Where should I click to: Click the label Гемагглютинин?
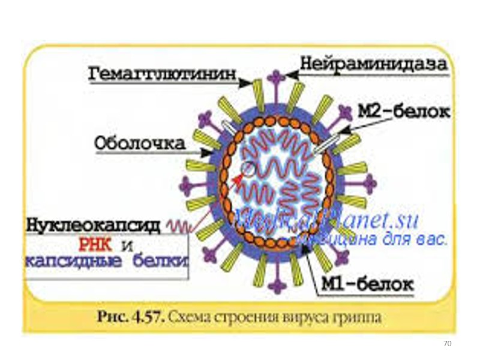coord(162,76)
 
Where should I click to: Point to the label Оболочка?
coord(140,144)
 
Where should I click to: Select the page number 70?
coord(446,344)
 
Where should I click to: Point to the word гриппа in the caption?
coord(359,317)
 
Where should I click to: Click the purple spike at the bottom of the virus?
coord(275,283)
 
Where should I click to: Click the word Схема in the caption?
coord(193,317)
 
